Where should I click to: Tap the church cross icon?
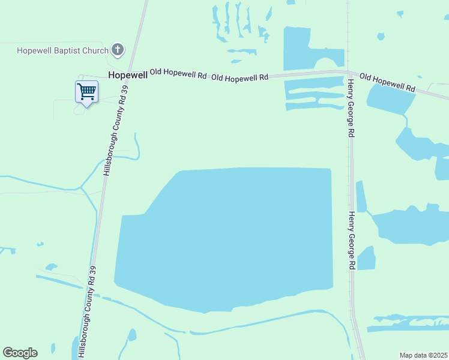point(118,50)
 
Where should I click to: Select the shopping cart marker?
point(87,92)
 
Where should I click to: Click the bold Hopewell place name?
point(128,75)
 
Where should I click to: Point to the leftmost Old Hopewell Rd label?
point(178,74)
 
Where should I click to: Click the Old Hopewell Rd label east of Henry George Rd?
point(388,83)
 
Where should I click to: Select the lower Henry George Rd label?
point(353,240)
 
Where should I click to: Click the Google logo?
point(20,353)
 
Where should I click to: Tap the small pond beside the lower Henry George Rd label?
point(366,258)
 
